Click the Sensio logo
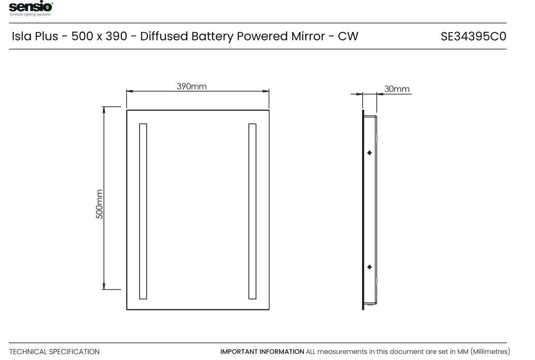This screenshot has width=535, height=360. coord(31,8)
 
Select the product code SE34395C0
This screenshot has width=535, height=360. coord(473,37)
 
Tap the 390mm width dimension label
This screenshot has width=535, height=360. coord(192,86)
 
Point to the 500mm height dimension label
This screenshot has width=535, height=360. coord(99,204)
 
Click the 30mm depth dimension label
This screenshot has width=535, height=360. coord(397,89)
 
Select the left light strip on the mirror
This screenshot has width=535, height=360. coord(143,211)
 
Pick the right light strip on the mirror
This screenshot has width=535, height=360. coord(252,211)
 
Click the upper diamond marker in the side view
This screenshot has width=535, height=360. coord(370,153)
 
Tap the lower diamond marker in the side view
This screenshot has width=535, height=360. coord(370,267)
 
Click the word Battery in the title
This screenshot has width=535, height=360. coord(212,37)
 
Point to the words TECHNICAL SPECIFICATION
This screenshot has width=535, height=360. coord(54,352)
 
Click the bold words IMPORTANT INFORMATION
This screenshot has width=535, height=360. coord(262,352)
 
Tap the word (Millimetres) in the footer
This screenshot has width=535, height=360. coord(490,352)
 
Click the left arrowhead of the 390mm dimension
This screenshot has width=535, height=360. coord(130,91)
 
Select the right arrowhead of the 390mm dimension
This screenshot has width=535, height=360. coord(266,91)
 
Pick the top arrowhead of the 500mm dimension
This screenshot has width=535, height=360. coord(104,110)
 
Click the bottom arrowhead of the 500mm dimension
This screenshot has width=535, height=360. coord(104,286)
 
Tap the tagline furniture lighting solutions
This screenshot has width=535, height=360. coord(30,14)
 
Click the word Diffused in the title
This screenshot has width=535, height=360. coord(164,36)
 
